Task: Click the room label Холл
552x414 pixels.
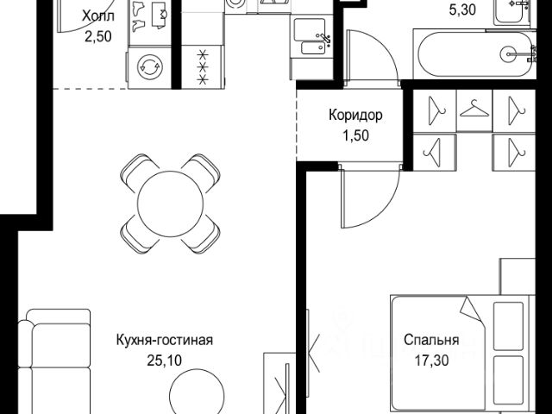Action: click(97, 16)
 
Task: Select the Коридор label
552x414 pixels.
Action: click(355, 115)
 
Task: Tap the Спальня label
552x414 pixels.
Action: click(430, 339)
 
